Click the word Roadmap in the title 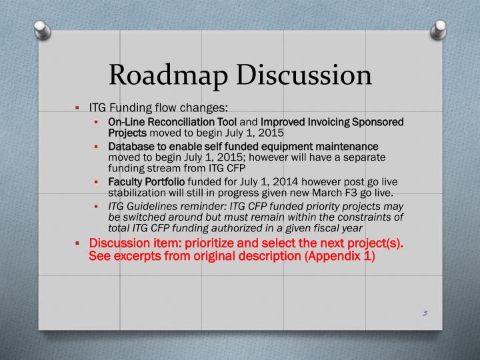[163, 75]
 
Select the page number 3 [425, 313]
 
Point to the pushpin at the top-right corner [441, 29]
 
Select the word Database [130, 146]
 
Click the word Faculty [124, 182]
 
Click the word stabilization [136, 193]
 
